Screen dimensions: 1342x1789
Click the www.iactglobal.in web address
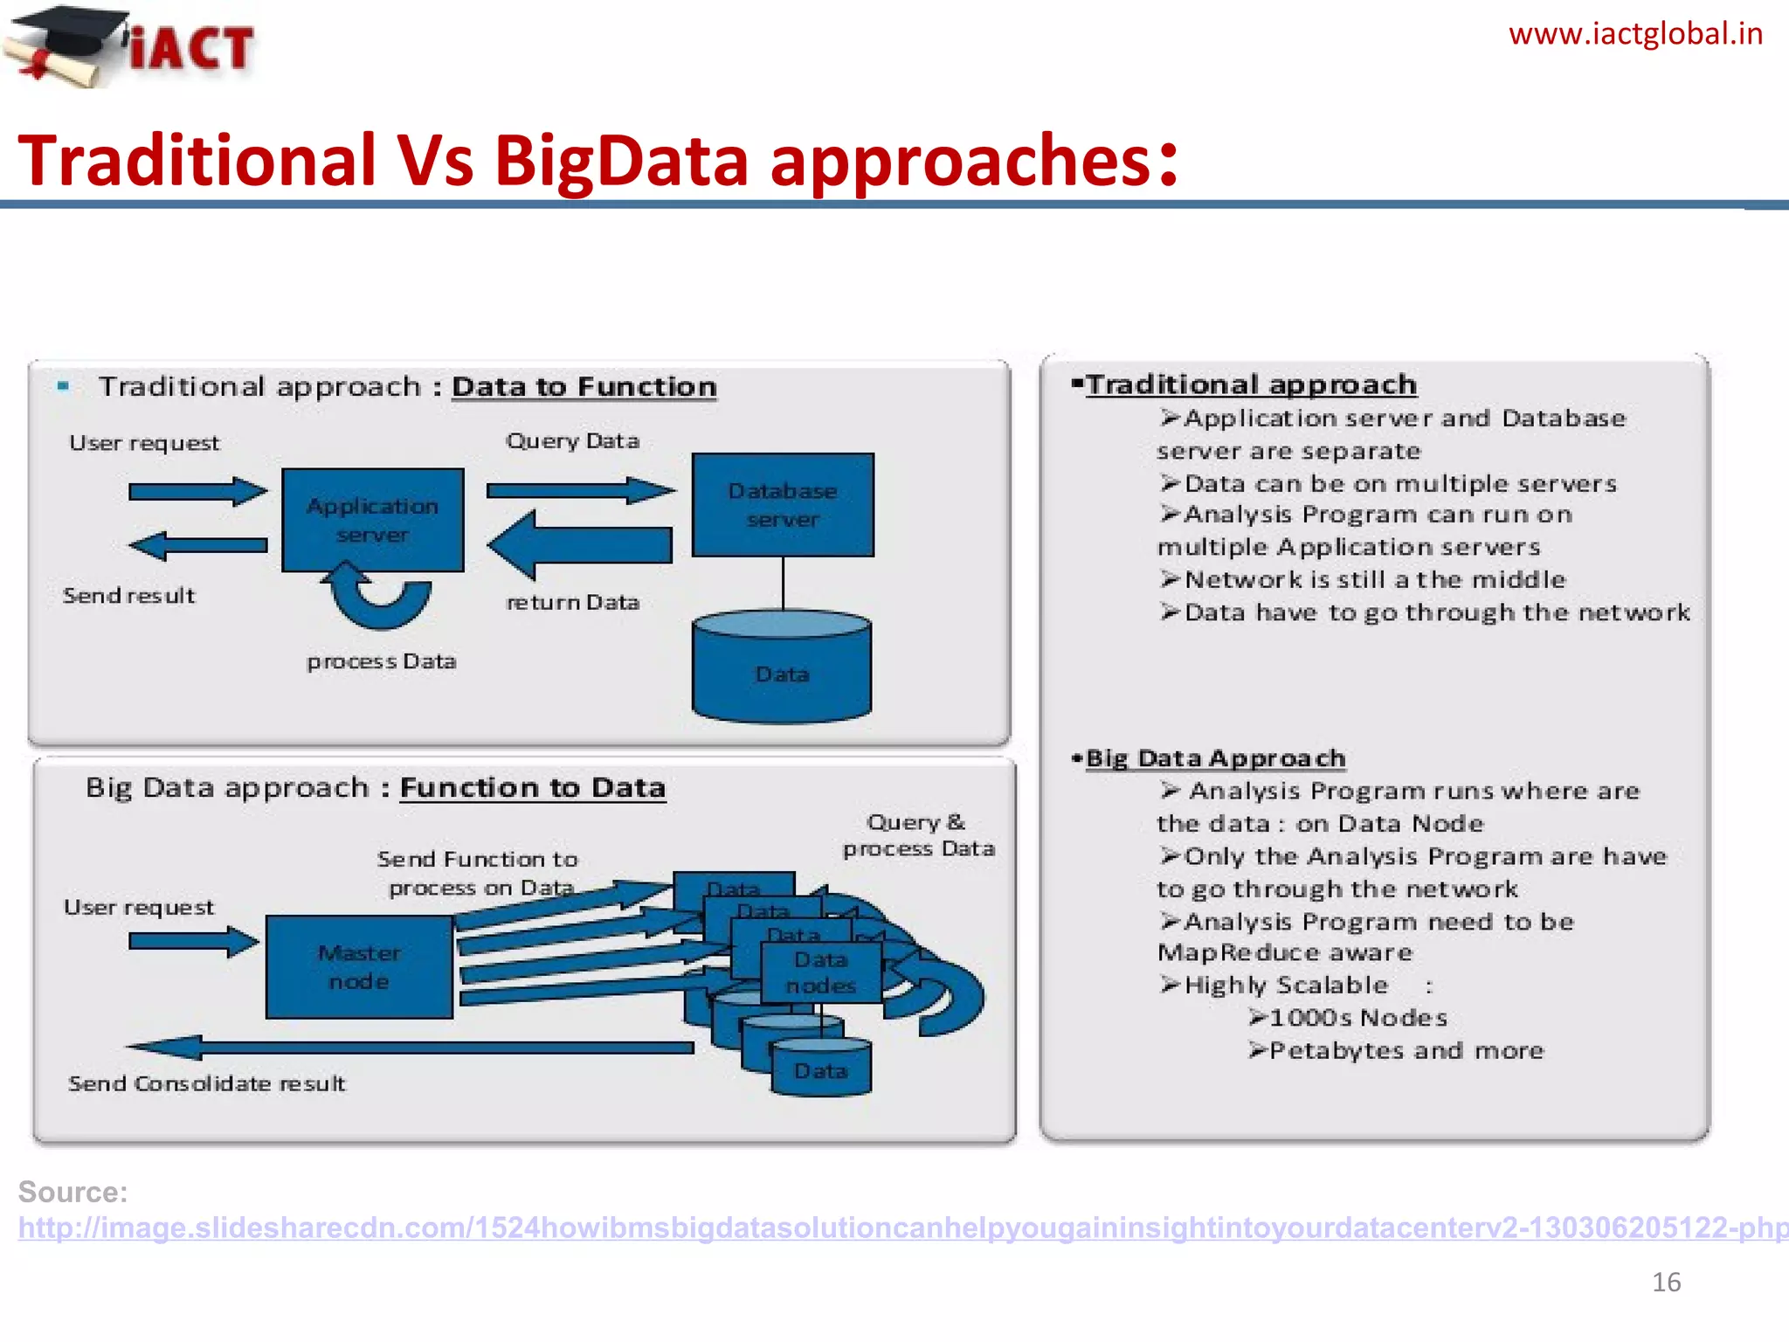coord(1634,35)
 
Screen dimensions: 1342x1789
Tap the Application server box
coord(373,520)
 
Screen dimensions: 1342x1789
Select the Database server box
coord(783,505)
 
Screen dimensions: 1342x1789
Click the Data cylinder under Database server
coord(782,668)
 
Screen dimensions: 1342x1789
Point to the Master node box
coord(359,966)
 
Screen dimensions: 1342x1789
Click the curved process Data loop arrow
coord(382,599)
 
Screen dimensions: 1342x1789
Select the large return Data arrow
coord(581,545)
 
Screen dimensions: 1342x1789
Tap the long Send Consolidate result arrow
coord(411,1047)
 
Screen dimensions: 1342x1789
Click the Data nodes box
coord(820,972)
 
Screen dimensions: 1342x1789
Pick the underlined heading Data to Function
coord(584,387)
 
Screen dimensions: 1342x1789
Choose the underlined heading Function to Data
coord(533,788)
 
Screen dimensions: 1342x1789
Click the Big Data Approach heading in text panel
coord(1214,758)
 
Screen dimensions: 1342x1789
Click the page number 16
coord(1666,1282)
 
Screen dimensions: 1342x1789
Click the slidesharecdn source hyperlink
coord(900,1228)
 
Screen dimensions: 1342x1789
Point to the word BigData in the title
coord(621,162)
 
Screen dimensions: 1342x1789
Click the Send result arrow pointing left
coord(198,545)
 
